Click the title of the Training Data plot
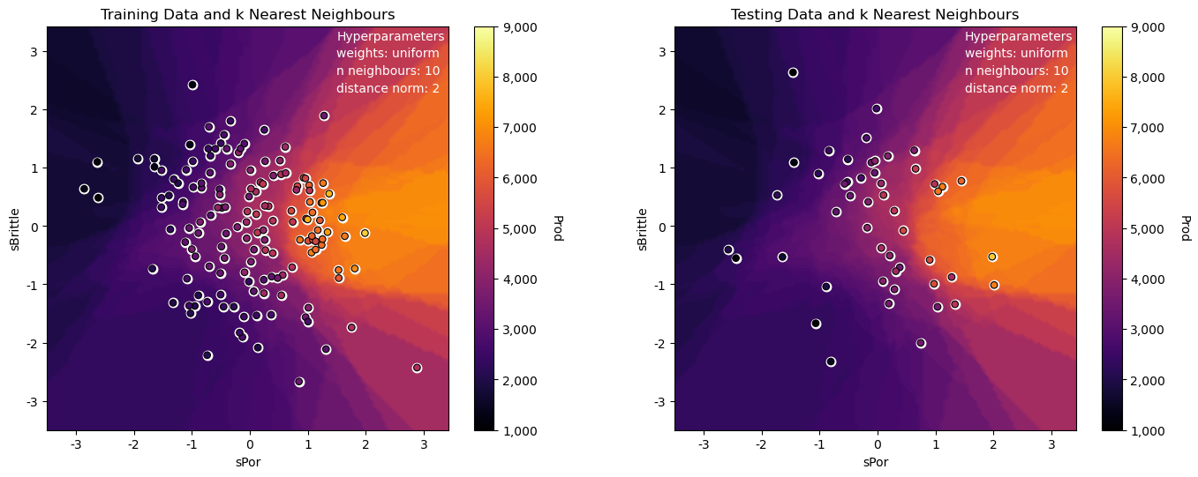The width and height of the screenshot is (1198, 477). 247,14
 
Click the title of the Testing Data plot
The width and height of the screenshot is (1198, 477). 875,14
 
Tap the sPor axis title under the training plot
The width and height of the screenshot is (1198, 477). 248,462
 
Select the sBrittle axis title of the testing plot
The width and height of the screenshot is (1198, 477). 643,229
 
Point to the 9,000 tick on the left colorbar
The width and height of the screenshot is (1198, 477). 520,27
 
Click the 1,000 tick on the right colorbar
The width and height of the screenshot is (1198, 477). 1148,431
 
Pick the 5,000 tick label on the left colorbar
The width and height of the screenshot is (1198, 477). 520,229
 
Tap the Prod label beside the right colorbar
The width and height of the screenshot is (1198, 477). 1186,228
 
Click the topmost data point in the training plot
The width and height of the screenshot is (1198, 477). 192,85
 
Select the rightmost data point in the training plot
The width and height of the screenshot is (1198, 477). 418,368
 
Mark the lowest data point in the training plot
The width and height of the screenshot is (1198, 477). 299,382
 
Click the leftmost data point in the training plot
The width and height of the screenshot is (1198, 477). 84,189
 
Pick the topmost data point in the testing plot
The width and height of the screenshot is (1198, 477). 793,72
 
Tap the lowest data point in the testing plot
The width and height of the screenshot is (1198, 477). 831,361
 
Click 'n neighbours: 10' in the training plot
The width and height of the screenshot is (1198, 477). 388,71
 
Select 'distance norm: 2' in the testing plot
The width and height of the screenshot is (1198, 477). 1016,88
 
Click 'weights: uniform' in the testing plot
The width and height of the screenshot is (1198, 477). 1016,54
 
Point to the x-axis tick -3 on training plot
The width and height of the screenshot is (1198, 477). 75,444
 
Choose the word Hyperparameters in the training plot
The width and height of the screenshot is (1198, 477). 390,36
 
